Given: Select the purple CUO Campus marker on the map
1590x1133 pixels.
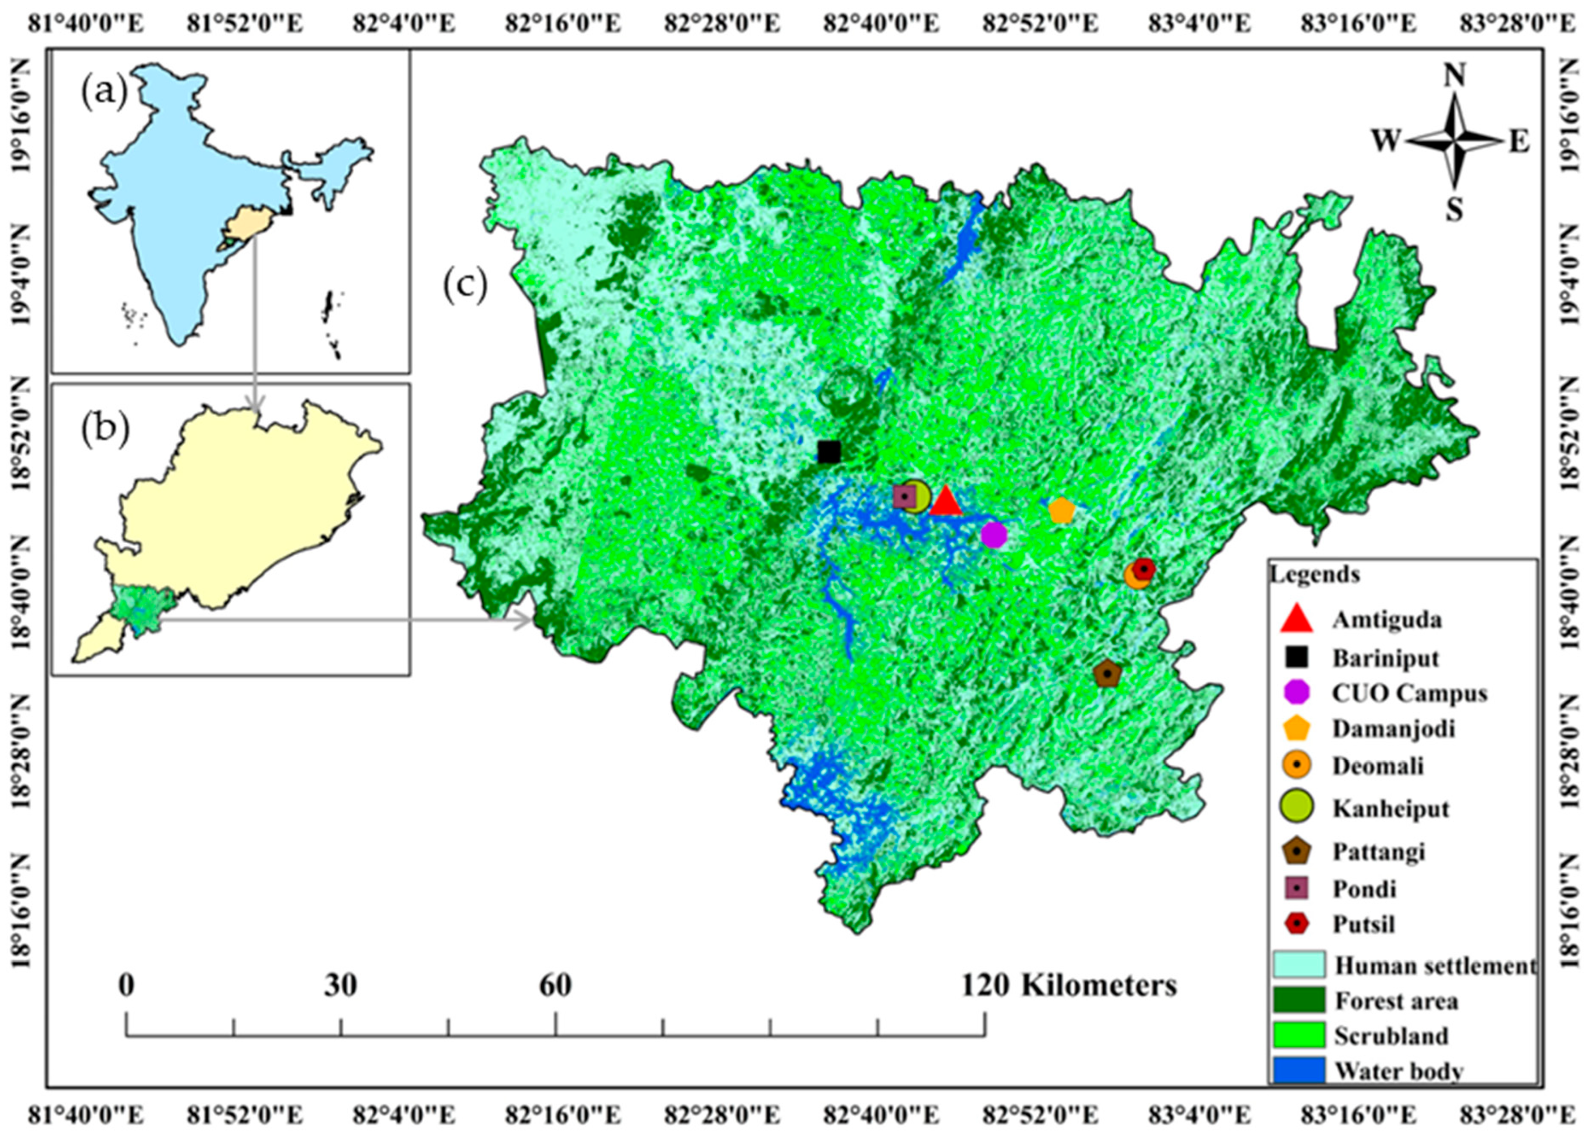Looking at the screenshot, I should pyautogui.click(x=994, y=535).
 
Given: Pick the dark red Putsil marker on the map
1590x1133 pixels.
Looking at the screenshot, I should pyautogui.click(x=1143, y=569).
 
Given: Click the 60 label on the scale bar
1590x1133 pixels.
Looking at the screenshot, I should pyautogui.click(x=555, y=986).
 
